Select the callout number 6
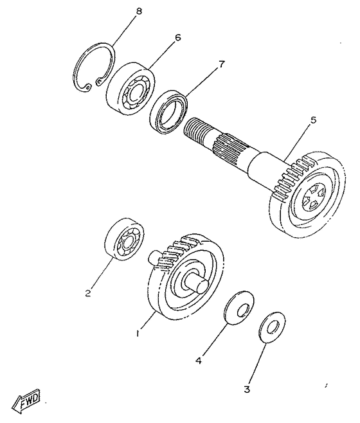tap(177, 37)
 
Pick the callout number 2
tap(87, 294)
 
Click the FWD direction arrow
tap(29, 403)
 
